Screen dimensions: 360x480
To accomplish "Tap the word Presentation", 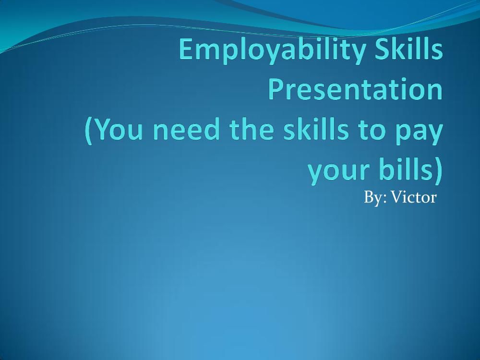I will click(355, 90).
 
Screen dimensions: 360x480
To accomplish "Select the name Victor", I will click(413, 197).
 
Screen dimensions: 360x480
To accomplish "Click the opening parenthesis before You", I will click(89, 131).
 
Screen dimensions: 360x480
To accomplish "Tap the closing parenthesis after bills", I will click(437, 171).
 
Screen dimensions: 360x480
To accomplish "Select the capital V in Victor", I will click(396, 197).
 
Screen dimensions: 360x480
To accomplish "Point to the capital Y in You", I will click(102, 130).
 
